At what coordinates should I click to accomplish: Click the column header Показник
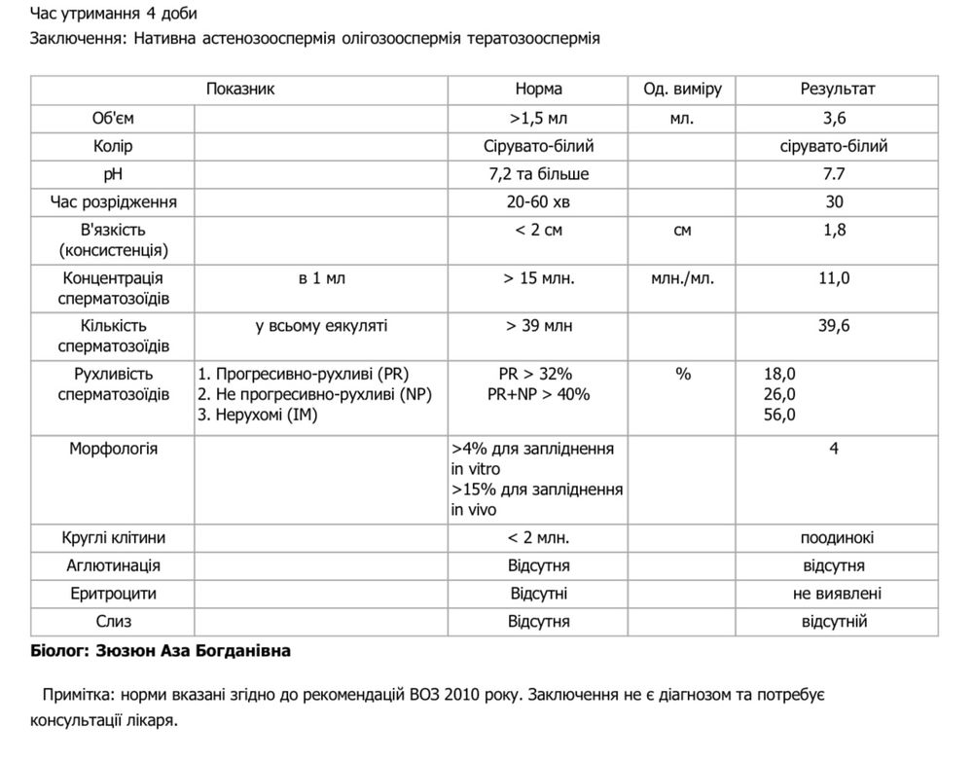click(240, 90)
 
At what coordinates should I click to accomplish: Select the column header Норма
click(538, 90)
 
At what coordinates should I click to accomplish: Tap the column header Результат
click(837, 90)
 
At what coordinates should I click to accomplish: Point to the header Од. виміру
click(682, 90)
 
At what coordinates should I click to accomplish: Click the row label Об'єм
click(113, 118)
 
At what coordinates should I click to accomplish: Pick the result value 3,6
click(835, 118)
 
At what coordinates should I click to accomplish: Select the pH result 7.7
click(835, 174)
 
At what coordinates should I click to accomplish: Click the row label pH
click(113, 174)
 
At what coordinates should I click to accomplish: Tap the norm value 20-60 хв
click(538, 202)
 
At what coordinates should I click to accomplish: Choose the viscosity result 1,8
click(835, 231)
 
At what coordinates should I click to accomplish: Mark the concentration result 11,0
click(835, 278)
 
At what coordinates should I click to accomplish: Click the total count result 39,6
click(835, 326)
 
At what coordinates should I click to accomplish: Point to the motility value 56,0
click(780, 415)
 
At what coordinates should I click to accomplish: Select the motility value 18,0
click(780, 374)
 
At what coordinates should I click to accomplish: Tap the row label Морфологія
click(113, 449)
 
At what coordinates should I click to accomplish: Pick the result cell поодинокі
click(837, 537)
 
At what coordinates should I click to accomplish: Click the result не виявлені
click(837, 593)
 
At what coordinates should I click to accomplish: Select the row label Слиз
click(113, 621)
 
